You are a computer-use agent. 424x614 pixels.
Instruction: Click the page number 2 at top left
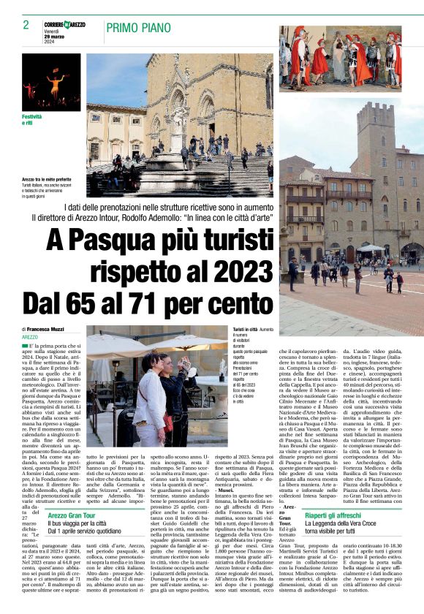[x=26, y=25]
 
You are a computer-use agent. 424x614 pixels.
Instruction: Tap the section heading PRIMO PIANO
[x=140, y=29]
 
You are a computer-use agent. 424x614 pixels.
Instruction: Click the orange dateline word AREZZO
[x=31, y=337]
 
